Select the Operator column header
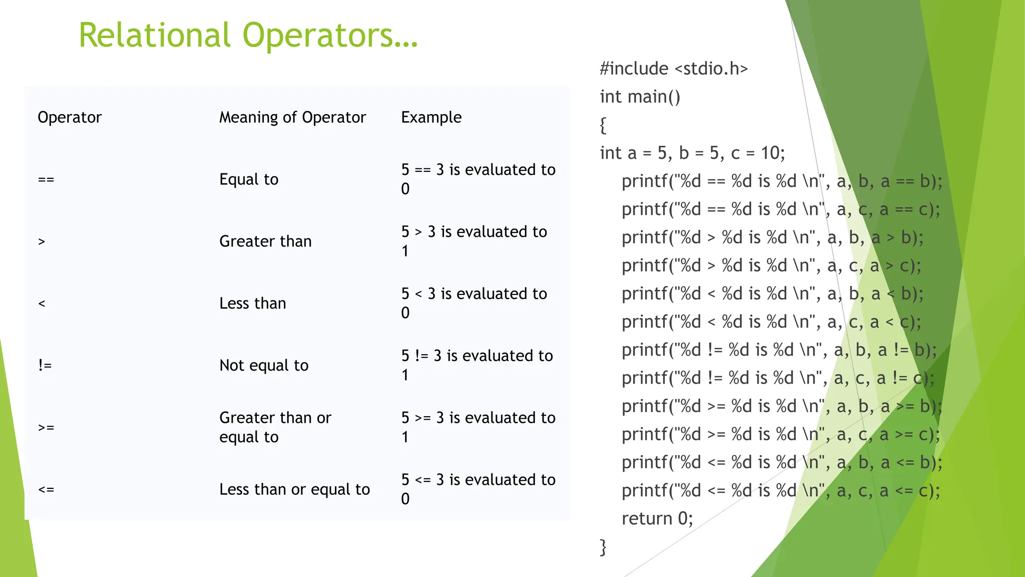pyautogui.click(x=70, y=117)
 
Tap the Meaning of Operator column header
pyautogui.click(x=292, y=117)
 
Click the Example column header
pyautogui.click(x=431, y=117)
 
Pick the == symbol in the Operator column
pyautogui.click(x=46, y=179)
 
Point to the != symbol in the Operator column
pyautogui.click(x=45, y=366)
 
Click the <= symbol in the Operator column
pyautogui.click(x=46, y=489)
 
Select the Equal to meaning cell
pyautogui.click(x=249, y=179)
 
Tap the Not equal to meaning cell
pyautogui.click(x=264, y=366)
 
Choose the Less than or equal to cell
pyautogui.click(x=294, y=489)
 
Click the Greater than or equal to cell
pyautogui.click(x=275, y=427)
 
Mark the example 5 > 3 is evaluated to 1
pyautogui.click(x=473, y=241)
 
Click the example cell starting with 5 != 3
pyautogui.click(x=476, y=365)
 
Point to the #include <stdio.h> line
pyautogui.click(x=674, y=69)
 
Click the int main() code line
pyautogui.click(x=640, y=97)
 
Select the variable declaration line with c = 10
pyautogui.click(x=692, y=153)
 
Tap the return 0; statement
pyautogui.click(x=657, y=518)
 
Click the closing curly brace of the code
pyautogui.click(x=603, y=547)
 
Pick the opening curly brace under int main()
pyautogui.click(x=603, y=125)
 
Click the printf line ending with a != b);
pyautogui.click(x=779, y=350)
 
